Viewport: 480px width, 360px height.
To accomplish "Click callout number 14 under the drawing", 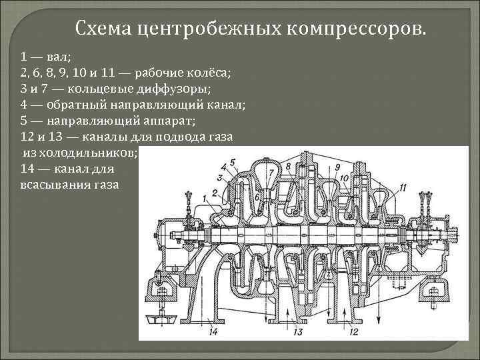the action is pyautogui.click(x=213, y=331).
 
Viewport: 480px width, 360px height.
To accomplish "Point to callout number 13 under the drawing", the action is pyautogui.click(x=298, y=331).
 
